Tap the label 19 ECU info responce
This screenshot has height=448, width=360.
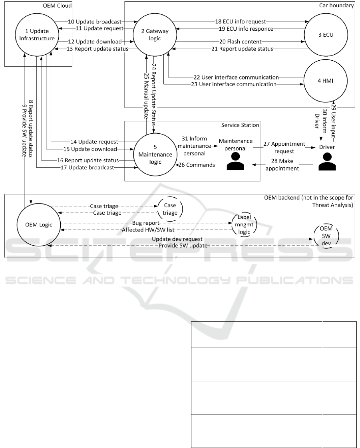[240, 29]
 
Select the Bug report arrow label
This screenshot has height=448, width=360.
[146, 224]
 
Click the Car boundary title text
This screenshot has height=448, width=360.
[337, 6]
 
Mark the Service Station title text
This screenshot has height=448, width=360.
[240, 125]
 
